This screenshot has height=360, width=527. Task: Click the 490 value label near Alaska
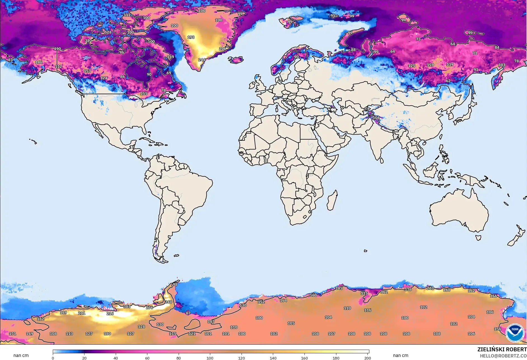57,49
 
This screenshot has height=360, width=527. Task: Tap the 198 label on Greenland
191,37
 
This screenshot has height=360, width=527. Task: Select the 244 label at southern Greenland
202,60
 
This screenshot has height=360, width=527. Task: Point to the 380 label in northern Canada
88,41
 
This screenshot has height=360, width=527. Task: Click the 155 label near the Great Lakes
144,94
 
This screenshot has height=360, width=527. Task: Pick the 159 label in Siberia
430,65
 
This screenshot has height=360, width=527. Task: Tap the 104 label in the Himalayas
376,117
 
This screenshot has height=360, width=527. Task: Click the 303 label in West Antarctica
127,307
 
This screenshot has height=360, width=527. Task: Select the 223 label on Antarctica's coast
430,288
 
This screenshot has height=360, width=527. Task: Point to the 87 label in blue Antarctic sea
188,313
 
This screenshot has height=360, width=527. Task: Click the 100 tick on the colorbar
210,358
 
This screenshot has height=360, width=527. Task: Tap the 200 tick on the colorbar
368,358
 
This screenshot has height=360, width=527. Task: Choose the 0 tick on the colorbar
53,358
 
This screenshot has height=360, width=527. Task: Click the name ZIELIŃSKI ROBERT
502,349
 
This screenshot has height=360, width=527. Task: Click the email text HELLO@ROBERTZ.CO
503,356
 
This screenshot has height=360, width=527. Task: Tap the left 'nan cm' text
21,355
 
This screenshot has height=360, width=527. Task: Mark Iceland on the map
236,60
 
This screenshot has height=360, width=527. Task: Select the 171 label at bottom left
13,334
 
